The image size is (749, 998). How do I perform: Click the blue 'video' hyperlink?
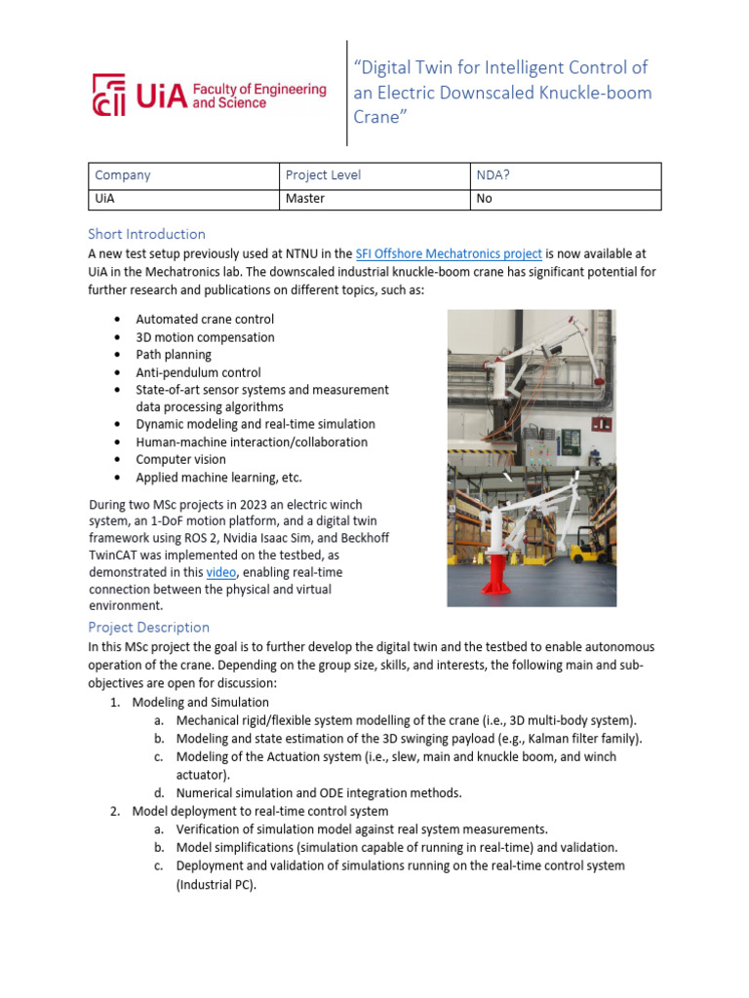(221, 572)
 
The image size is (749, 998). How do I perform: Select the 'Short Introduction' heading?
(146, 234)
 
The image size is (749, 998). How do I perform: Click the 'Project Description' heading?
(148, 627)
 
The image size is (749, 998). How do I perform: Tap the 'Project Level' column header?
(323, 175)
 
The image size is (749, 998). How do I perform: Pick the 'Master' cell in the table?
(304, 198)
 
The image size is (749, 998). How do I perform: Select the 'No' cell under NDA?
(484, 198)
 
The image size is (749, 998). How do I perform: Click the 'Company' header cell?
(123, 175)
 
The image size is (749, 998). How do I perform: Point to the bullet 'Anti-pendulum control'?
(198, 372)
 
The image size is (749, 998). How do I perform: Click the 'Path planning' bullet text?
(174, 355)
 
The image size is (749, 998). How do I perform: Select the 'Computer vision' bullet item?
(180, 459)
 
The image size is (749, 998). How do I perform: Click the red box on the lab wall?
(602, 423)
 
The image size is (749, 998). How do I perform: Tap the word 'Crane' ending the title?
(376, 117)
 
